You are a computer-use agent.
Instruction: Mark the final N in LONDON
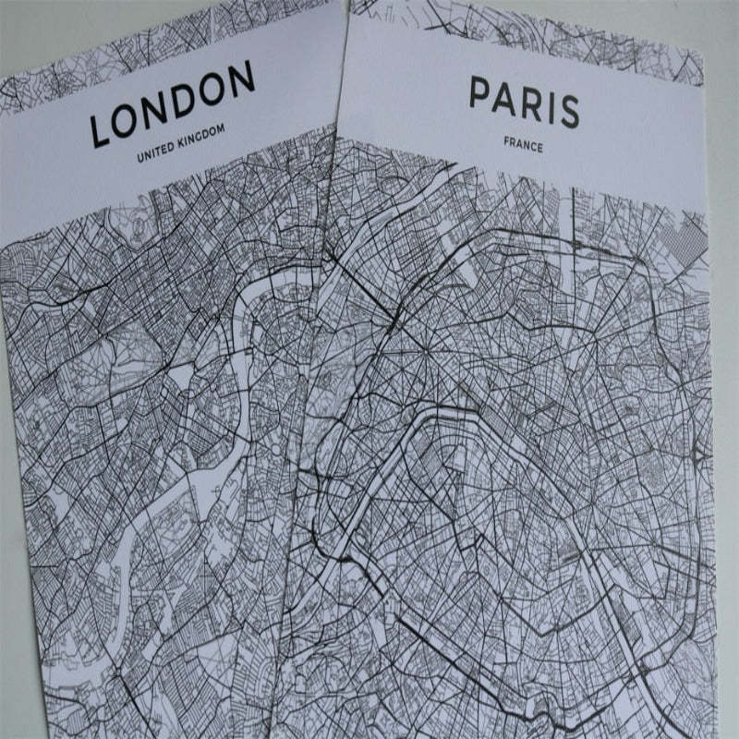tap(241, 79)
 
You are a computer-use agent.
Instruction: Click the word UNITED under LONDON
tap(154, 153)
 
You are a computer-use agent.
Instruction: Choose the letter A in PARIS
tap(505, 99)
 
